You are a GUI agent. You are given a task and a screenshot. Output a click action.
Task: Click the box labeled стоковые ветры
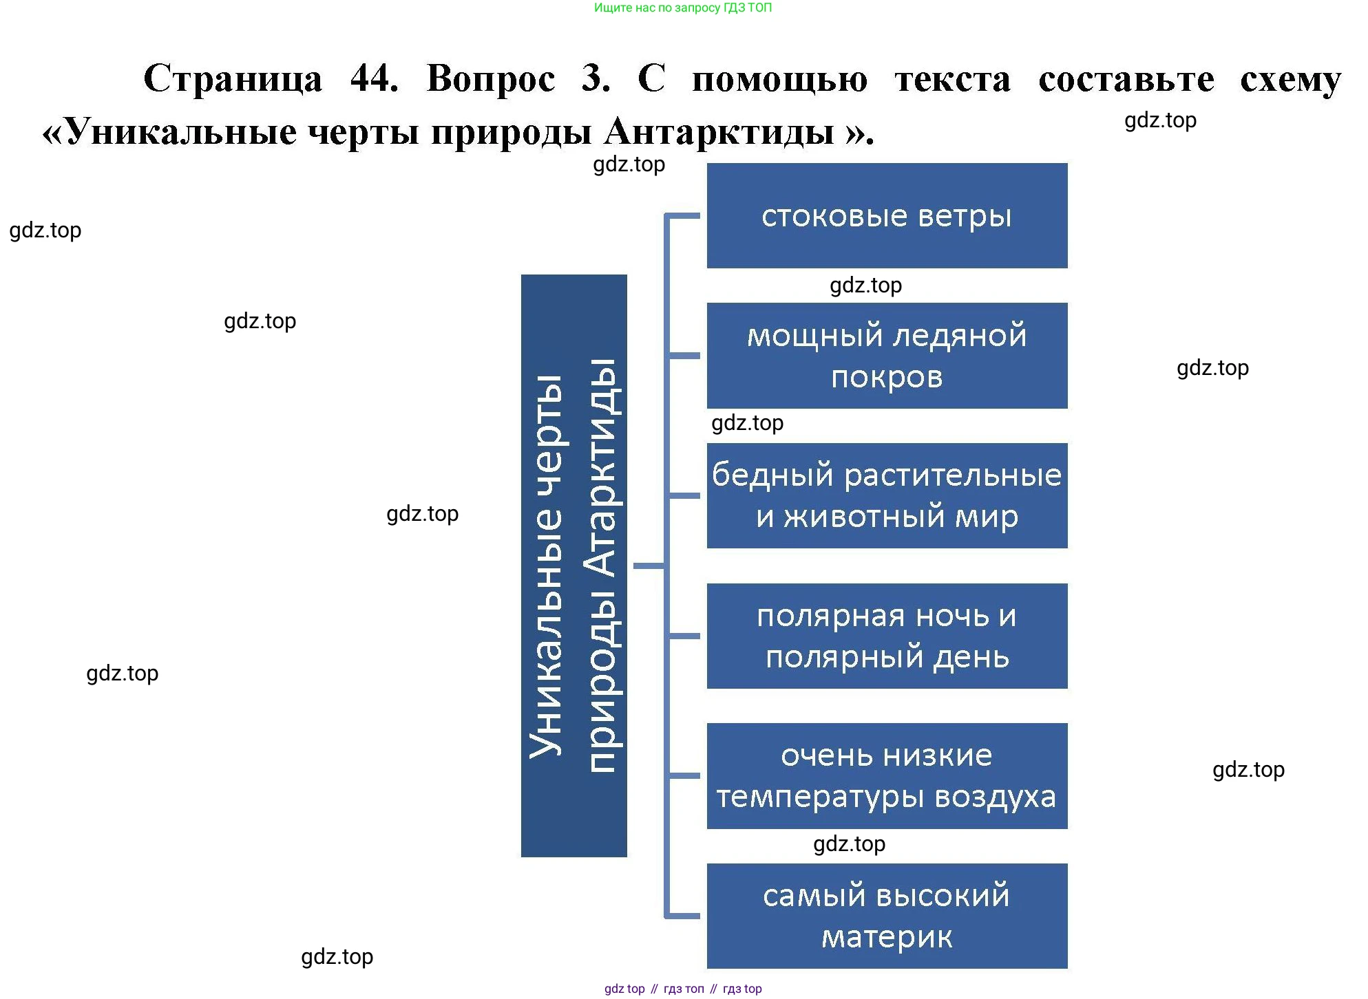coord(887,215)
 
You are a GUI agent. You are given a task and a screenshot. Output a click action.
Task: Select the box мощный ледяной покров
coord(887,356)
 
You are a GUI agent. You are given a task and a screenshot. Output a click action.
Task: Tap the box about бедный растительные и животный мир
coord(887,495)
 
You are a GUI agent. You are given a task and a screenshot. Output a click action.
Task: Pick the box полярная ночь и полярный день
coord(887,636)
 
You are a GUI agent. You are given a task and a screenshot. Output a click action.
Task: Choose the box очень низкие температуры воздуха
coord(887,775)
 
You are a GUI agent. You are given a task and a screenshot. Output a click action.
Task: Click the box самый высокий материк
coord(887,916)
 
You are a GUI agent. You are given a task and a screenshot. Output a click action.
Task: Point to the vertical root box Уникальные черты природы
coord(573,566)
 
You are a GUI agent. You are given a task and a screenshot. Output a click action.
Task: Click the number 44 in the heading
coord(373,78)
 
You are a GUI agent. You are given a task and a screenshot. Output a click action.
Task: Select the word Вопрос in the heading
coord(491,78)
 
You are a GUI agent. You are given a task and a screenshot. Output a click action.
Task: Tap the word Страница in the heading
coord(233,78)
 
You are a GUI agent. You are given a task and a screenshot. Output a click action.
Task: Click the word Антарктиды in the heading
coord(719,131)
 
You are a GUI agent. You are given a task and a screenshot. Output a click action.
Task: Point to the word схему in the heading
coord(1290,79)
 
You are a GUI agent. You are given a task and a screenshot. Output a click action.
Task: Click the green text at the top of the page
coord(682,8)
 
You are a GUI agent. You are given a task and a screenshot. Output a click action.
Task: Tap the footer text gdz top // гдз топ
coord(682,989)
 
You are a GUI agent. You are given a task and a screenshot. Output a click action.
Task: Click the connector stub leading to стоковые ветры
coord(684,216)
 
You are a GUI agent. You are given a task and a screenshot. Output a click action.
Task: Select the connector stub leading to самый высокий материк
coord(684,916)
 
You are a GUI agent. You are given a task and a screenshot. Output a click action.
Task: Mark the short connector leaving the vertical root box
coord(649,566)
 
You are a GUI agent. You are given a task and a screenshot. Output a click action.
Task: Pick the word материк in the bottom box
coord(887,936)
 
